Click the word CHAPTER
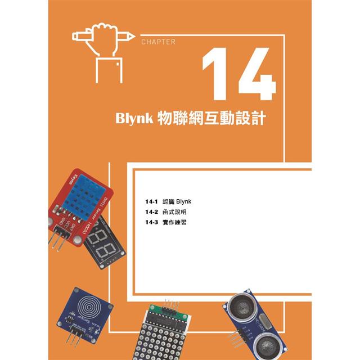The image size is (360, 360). point(158,42)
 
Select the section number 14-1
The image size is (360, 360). point(152,201)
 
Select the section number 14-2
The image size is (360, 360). point(152,212)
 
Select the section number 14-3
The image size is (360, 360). point(152,223)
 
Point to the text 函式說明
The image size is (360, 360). point(174,212)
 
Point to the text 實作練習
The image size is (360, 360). point(174,223)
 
